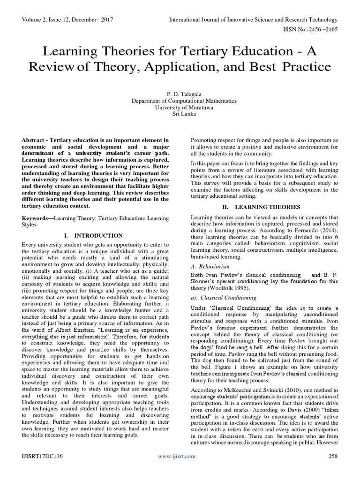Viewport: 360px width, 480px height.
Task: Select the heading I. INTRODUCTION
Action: (95, 235)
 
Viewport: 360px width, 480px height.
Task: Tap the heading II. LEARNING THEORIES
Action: (265, 206)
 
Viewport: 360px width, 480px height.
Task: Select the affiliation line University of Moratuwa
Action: (180, 107)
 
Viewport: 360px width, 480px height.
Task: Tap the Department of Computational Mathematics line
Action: (180, 100)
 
